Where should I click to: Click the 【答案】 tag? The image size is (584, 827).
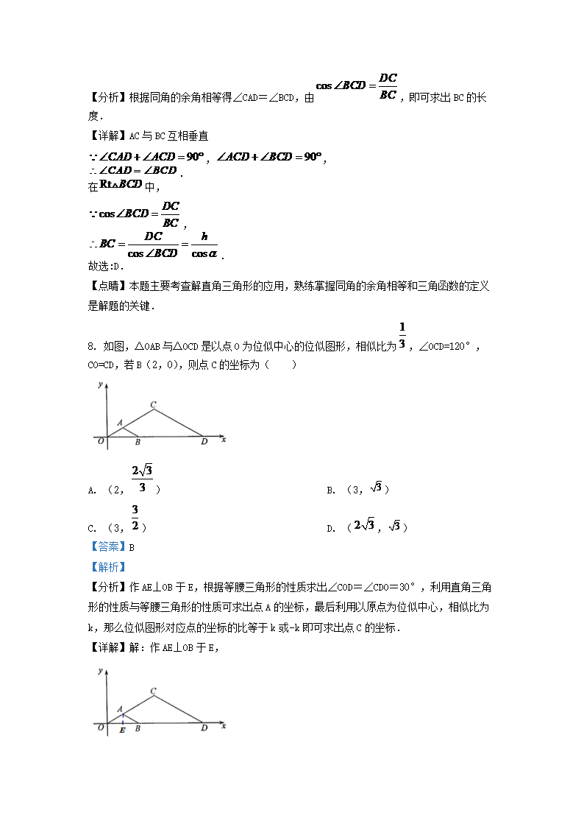(x=107, y=547)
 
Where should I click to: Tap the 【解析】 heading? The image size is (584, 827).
(x=107, y=567)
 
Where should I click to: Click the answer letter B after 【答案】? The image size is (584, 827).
(x=132, y=547)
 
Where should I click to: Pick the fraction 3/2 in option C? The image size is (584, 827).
(x=135, y=518)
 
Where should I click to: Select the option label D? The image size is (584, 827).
(x=330, y=528)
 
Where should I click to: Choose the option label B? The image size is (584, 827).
(x=330, y=490)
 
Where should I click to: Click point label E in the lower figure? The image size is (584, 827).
(x=122, y=731)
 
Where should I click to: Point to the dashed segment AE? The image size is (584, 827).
(x=122, y=719)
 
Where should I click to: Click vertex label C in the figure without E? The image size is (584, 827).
(x=153, y=404)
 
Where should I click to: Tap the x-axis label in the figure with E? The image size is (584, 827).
(x=223, y=726)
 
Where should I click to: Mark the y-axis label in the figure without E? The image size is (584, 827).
(x=99, y=385)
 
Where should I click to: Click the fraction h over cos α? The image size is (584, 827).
(x=204, y=245)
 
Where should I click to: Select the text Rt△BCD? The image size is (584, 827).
(x=120, y=184)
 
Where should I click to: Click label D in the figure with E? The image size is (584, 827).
(x=204, y=728)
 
